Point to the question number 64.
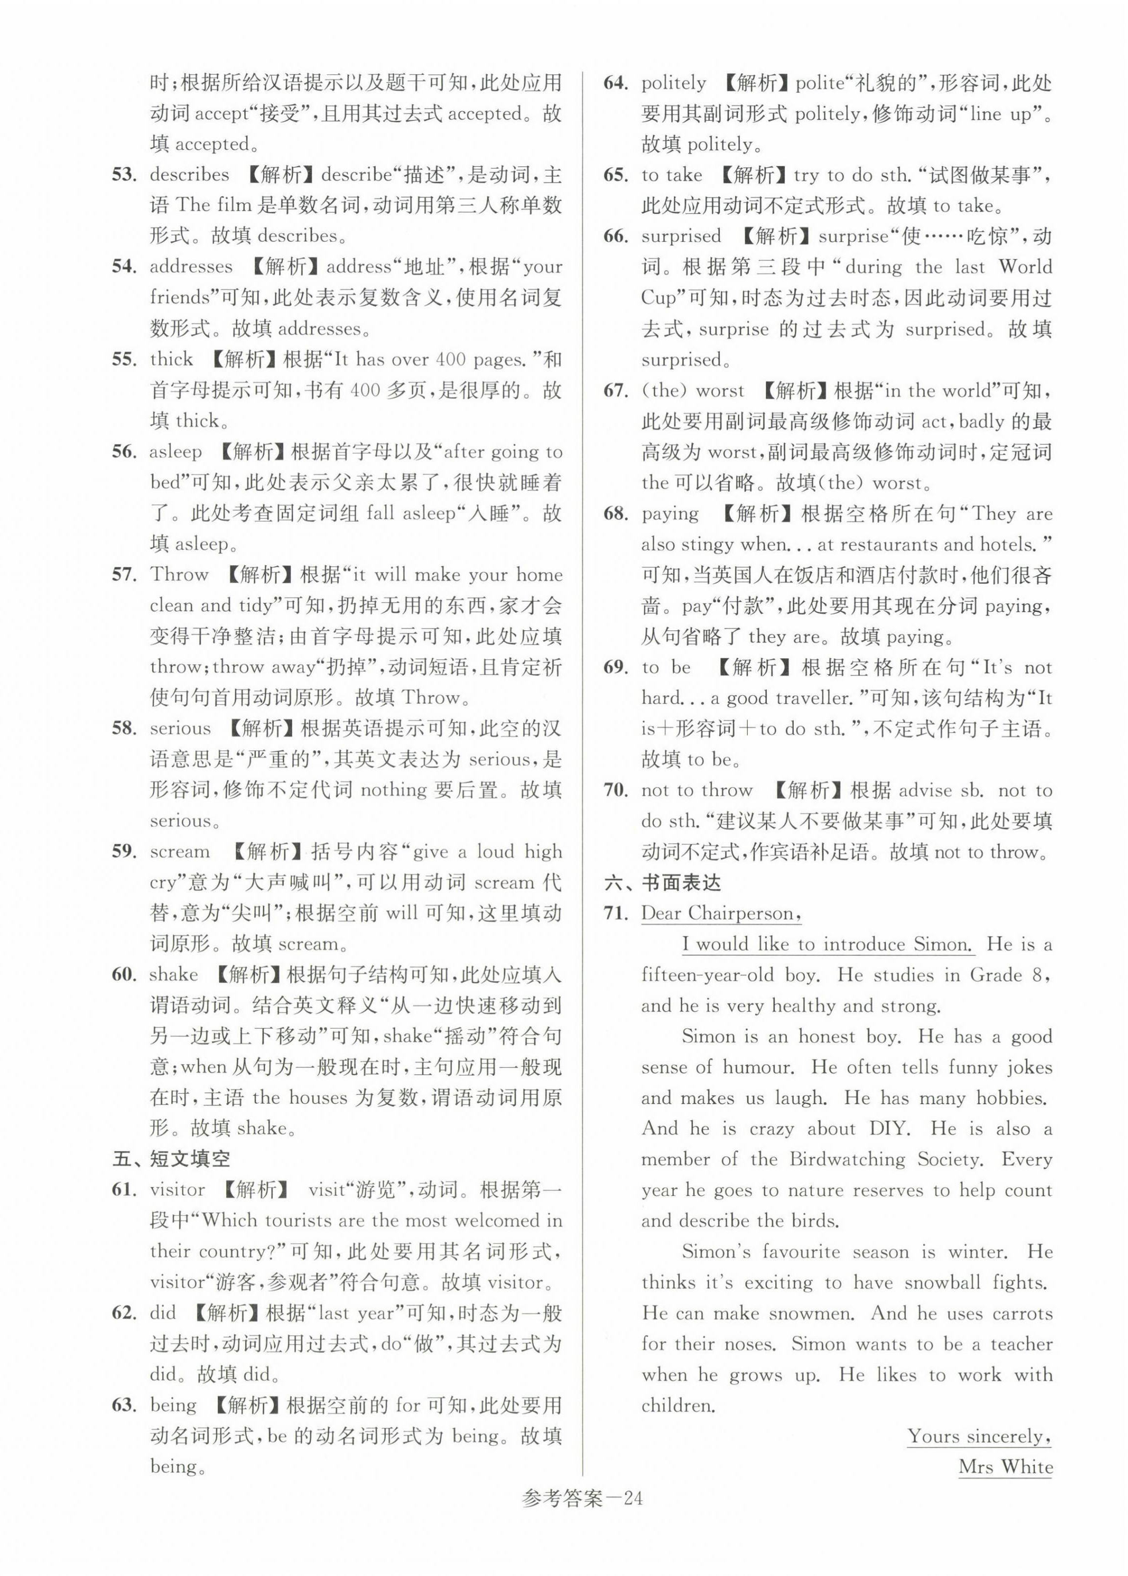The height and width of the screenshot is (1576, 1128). click(x=616, y=83)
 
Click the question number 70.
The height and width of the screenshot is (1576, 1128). click(x=616, y=790)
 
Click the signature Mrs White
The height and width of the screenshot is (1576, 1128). click(x=1005, y=1467)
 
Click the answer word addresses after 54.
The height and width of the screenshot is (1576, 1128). click(x=191, y=267)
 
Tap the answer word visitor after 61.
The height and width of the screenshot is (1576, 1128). click(x=177, y=1189)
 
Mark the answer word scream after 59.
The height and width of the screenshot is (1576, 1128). click(x=179, y=852)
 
